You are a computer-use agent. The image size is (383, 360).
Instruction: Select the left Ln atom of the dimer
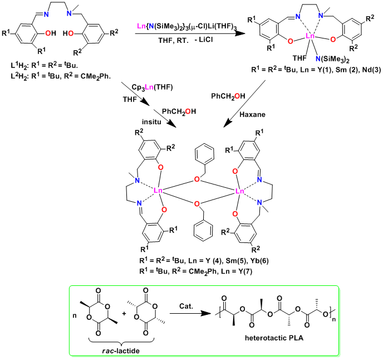158,191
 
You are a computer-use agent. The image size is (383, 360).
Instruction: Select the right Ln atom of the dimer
240,191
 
